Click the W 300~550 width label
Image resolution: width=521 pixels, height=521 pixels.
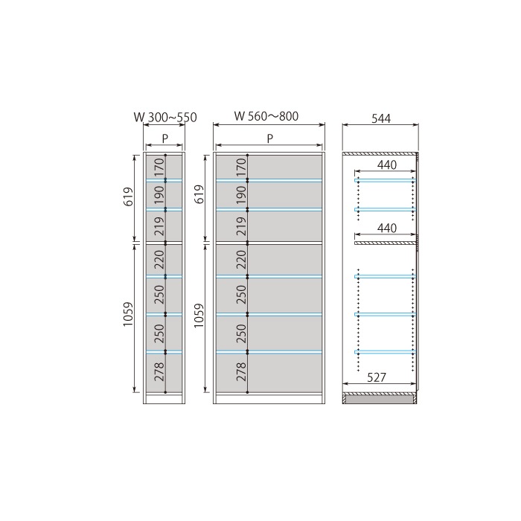point(165,118)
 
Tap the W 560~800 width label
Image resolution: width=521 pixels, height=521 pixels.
point(266,116)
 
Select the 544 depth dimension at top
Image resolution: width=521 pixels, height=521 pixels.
point(381,118)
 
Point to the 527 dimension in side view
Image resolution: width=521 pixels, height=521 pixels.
point(377,377)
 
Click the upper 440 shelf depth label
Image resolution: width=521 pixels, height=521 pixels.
point(387,164)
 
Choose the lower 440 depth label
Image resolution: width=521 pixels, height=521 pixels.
point(387,228)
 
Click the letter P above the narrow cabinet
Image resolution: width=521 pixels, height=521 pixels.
point(165,138)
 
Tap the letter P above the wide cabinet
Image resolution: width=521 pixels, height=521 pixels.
point(269,138)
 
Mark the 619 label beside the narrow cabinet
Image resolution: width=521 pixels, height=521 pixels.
point(128,196)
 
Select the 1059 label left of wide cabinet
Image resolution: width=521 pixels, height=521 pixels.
point(199,316)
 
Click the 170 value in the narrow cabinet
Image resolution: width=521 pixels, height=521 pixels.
point(159,167)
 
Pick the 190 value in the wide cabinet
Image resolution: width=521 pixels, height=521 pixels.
point(242,195)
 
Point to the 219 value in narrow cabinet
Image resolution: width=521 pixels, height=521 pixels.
point(159,226)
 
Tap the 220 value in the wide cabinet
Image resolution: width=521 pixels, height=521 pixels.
point(242,260)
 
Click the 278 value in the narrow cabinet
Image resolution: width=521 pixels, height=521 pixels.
point(159,371)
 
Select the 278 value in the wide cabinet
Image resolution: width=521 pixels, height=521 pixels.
point(242,371)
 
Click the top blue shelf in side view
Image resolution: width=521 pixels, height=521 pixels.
point(385,180)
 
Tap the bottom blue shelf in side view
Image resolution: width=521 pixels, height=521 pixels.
point(385,352)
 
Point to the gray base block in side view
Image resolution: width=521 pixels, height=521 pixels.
point(379,400)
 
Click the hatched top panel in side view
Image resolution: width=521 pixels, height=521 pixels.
point(379,153)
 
